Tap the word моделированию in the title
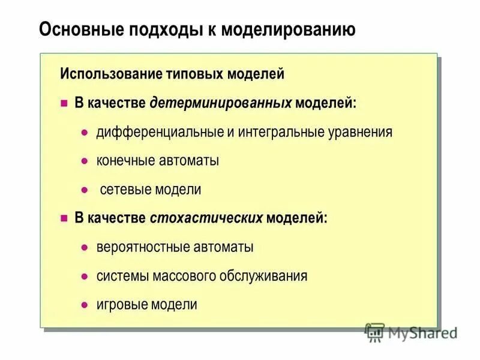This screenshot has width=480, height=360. click(x=288, y=29)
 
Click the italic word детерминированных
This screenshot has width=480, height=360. click(x=220, y=103)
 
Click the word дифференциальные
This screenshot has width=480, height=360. click(x=159, y=132)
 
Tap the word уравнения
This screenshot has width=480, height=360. click(x=361, y=132)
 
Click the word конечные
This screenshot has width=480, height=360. click(x=126, y=161)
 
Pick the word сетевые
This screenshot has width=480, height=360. click(x=125, y=190)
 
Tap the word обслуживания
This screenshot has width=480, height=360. click(x=272, y=276)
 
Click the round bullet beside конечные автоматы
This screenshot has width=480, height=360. click(x=85, y=161)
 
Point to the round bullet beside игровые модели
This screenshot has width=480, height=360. click(x=85, y=305)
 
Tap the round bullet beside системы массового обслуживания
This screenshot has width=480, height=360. click(x=85, y=276)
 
